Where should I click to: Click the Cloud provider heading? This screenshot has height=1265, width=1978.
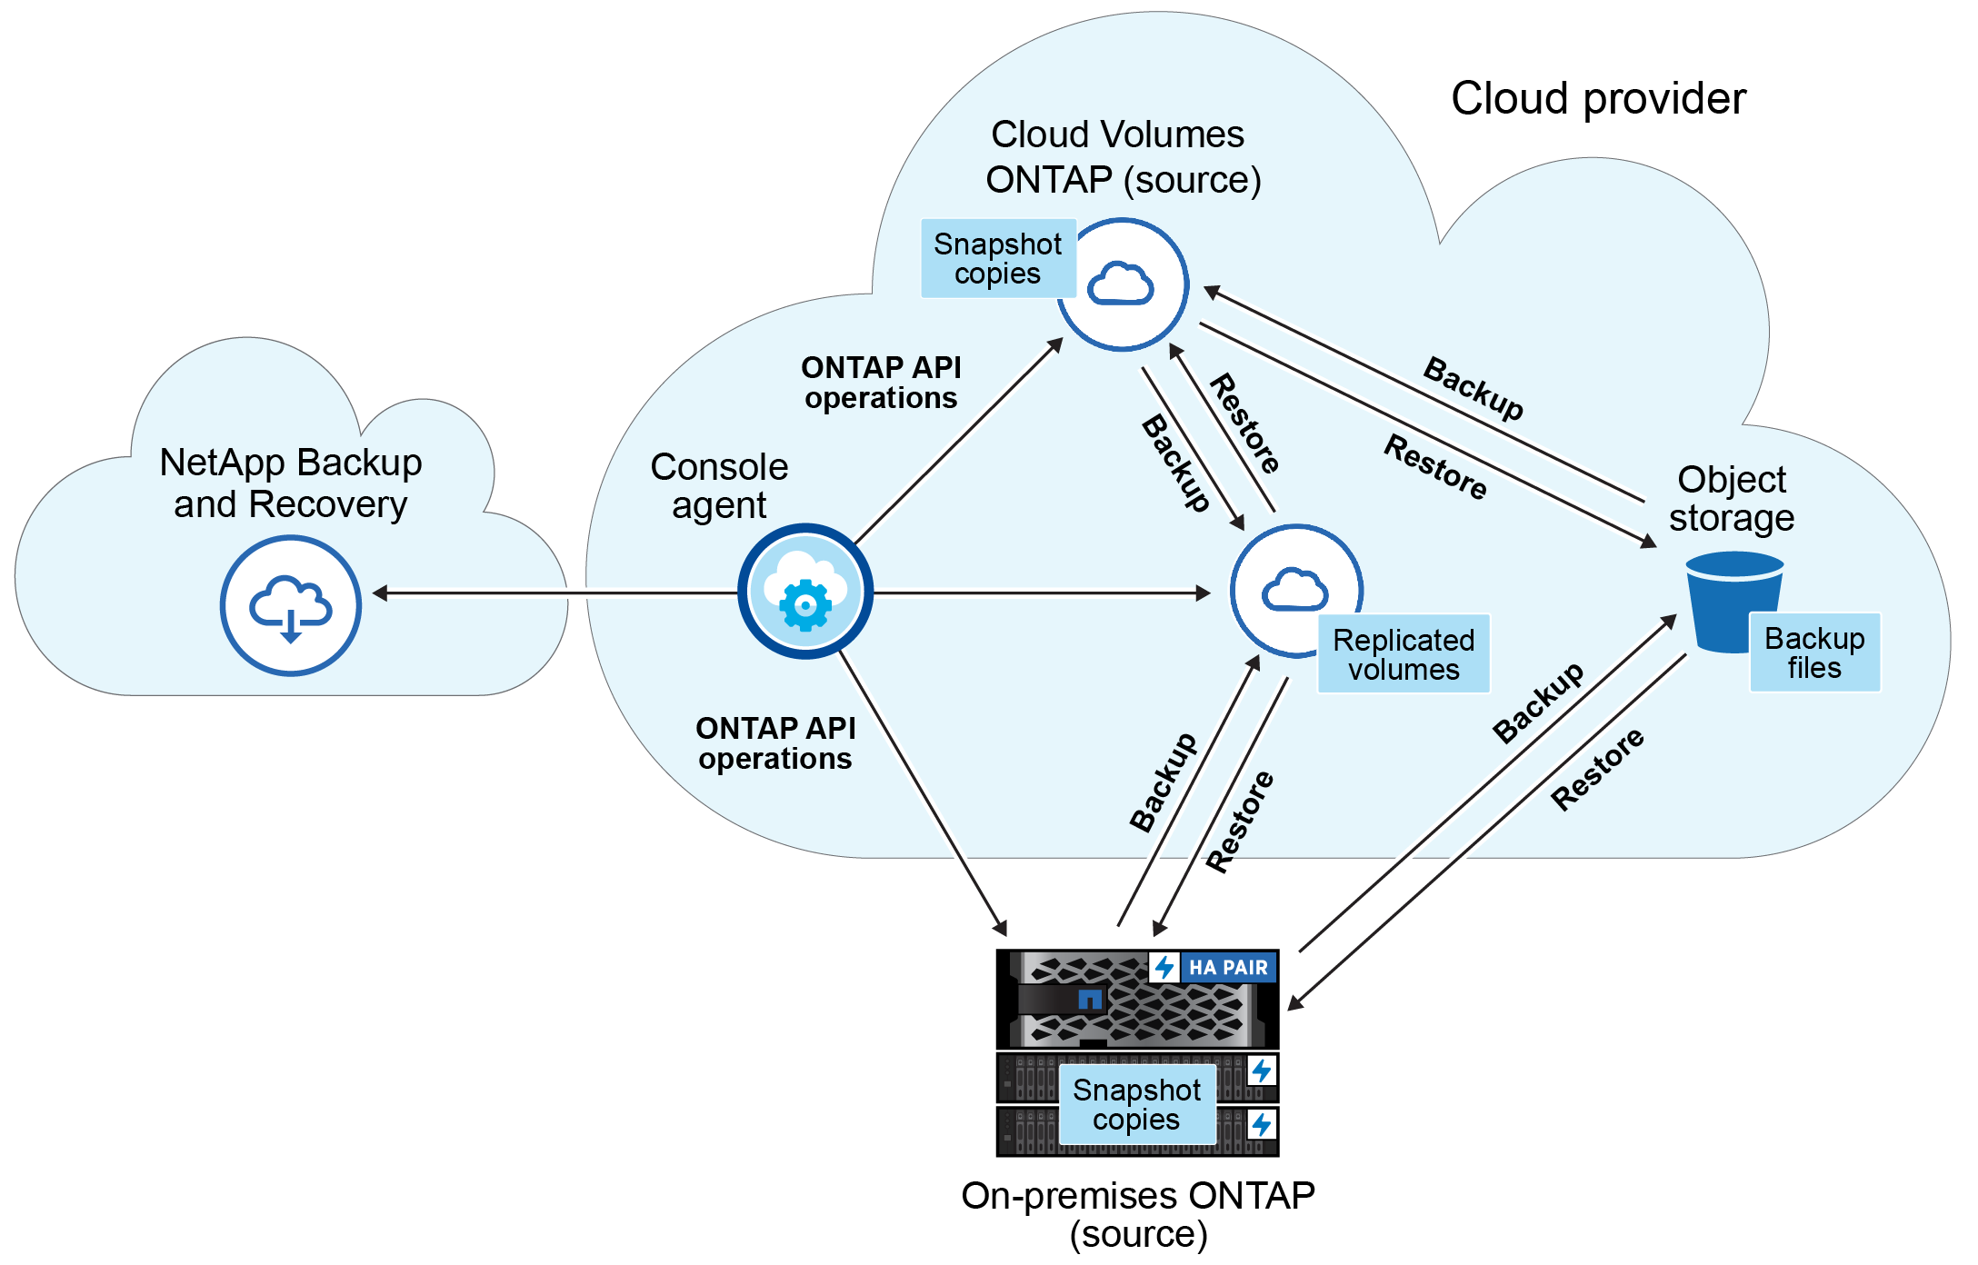[1598, 98]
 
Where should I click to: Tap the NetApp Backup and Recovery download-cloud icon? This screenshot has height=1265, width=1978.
[290, 605]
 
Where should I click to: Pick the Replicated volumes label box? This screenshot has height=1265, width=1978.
[1403, 654]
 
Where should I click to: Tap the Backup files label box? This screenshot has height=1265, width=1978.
[1813, 652]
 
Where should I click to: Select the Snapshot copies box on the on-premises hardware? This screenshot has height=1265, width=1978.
[1136, 1104]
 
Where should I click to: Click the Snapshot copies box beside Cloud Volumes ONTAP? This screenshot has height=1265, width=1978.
[997, 259]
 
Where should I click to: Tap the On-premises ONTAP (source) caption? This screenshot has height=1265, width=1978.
[1138, 1214]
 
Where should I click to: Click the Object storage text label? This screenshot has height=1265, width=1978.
[1731, 498]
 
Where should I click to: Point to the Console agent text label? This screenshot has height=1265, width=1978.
[719, 485]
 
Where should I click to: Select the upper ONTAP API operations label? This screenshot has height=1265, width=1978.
[880, 383]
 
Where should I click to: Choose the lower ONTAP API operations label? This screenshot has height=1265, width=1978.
[775, 743]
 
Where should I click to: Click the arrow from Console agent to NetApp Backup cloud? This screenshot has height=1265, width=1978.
[554, 593]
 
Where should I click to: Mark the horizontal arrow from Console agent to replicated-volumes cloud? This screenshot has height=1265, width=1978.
[1041, 593]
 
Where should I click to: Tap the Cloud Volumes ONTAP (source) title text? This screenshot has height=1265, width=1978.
[1124, 157]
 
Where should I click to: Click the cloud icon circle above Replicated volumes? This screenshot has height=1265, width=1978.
[1295, 591]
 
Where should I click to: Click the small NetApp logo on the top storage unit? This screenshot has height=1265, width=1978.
[1089, 1000]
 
